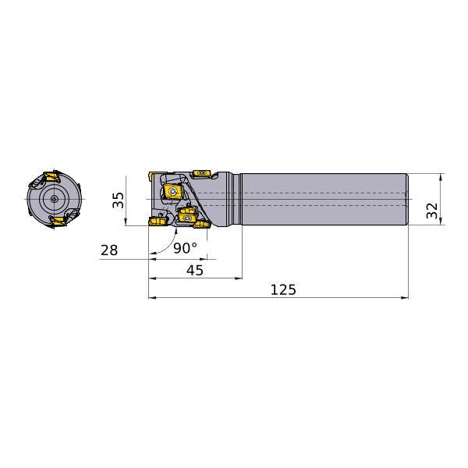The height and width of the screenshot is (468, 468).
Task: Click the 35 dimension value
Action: [x=118, y=200]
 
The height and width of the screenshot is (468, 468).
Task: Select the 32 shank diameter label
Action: [x=431, y=211]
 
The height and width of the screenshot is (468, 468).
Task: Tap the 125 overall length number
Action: [x=283, y=290]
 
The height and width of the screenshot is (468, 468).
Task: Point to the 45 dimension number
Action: [x=194, y=271]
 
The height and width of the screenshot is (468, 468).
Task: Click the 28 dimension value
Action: [x=109, y=250]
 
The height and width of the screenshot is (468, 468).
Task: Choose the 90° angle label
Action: [x=185, y=248]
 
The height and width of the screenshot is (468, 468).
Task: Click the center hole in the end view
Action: [x=54, y=199]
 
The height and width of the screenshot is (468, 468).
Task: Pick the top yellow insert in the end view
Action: [x=51, y=176]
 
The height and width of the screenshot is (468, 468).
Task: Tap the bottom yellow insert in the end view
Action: [x=58, y=222]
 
